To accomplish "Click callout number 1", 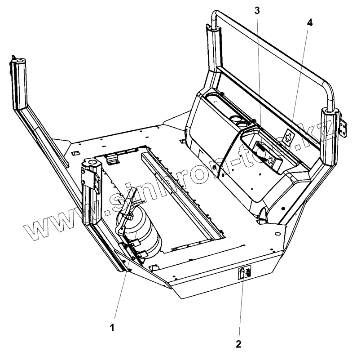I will click(112, 328).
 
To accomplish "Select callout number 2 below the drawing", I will click(238, 344).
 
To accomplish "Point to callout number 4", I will click(310, 22).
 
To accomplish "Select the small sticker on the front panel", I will click(245, 272).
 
